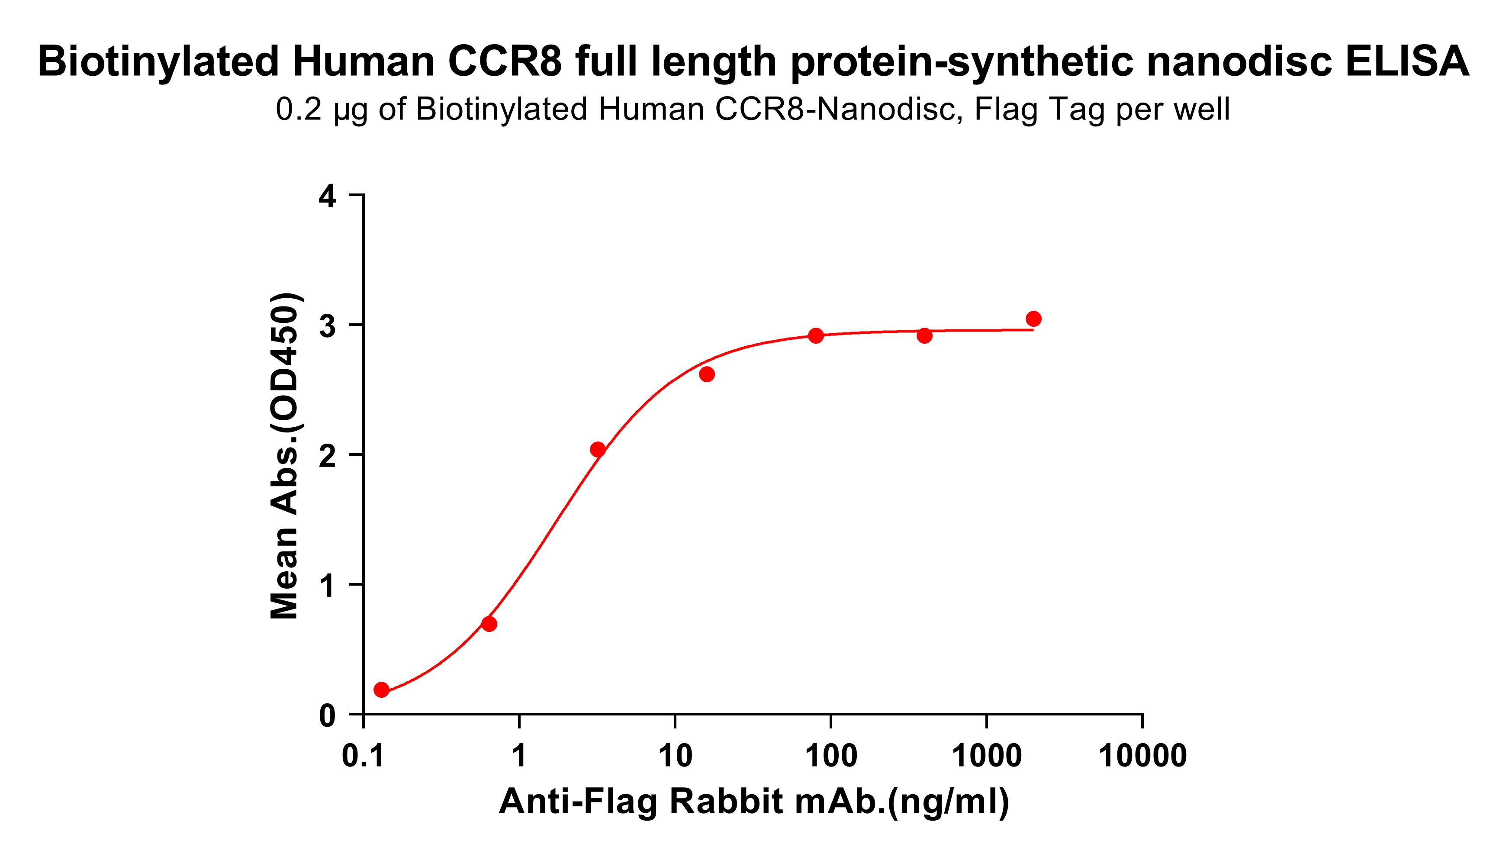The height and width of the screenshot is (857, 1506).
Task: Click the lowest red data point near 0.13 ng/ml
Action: pos(381,689)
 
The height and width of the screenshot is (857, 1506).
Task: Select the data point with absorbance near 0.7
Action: pos(489,624)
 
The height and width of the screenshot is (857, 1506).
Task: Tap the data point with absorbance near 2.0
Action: pos(597,450)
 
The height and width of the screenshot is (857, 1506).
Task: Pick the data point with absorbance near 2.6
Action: pos(707,374)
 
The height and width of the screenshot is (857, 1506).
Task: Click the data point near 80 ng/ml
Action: pos(816,335)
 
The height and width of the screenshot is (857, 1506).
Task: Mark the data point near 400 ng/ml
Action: pos(924,335)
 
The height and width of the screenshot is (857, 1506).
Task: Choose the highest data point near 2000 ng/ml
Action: pos(1033,319)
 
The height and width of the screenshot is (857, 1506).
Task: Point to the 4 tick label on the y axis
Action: pos(327,196)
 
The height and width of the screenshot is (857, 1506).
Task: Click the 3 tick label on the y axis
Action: pos(327,325)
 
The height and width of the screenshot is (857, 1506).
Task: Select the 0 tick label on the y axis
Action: pos(327,716)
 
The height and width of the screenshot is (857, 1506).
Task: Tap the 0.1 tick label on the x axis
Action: pos(363,756)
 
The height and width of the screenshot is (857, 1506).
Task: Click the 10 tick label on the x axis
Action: pos(675,756)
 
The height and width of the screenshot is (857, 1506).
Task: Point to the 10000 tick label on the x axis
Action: pos(1142,756)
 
